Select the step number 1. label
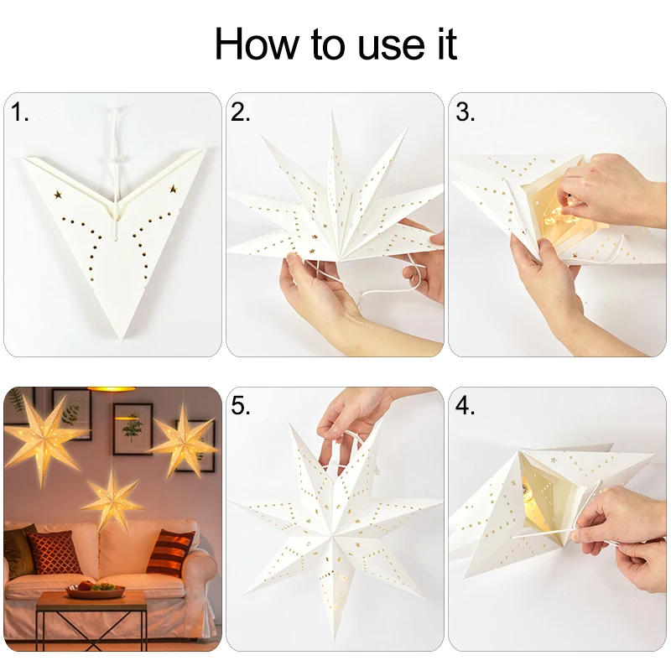(x=20, y=112)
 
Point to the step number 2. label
(x=242, y=112)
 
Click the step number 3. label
(x=465, y=112)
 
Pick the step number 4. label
(x=465, y=406)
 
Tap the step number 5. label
(x=242, y=406)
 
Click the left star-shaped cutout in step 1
(x=59, y=195)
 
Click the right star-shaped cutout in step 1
(x=174, y=189)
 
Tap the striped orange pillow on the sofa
(x=170, y=553)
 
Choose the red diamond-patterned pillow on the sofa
(x=55, y=553)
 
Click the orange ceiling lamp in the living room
(x=112, y=389)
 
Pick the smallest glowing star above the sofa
(x=112, y=500)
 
